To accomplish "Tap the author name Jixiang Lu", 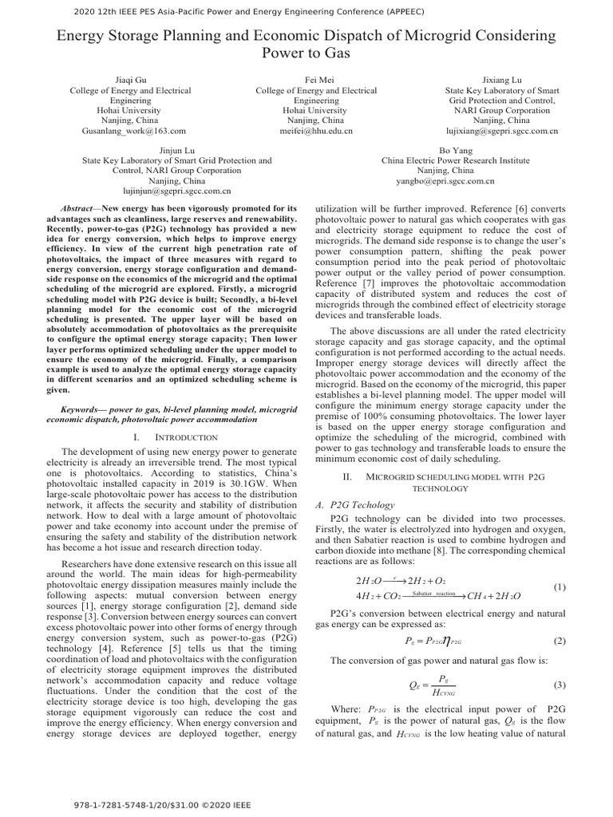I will click(502, 81).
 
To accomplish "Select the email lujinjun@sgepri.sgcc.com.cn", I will click(176, 191).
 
